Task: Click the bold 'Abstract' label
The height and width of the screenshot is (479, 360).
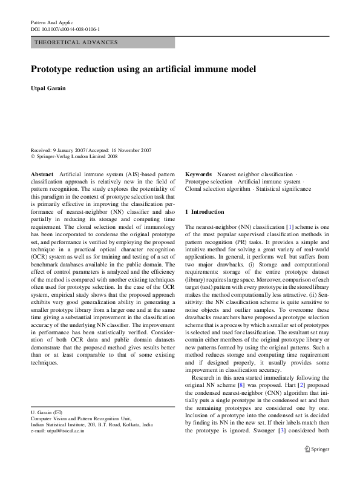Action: [42, 173]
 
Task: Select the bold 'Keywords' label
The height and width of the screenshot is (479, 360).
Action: [198, 173]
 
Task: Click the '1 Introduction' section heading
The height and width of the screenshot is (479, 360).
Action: [208, 212]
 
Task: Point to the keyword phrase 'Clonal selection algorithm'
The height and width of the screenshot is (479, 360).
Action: [218, 189]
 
